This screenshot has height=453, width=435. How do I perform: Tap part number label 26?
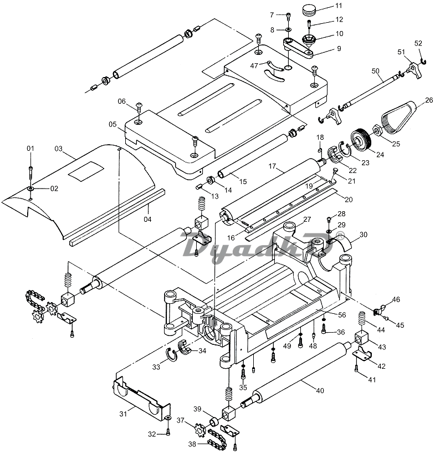click(x=429, y=100)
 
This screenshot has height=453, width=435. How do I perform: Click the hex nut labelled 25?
click(x=378, y=131)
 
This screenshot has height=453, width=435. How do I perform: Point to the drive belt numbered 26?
click(x=400, y=117)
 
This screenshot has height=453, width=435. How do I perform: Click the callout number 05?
click(x=112, y=124)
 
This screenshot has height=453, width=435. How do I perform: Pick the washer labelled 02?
click(x=30, y=189)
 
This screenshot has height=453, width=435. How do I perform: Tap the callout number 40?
click(x=320, y=390)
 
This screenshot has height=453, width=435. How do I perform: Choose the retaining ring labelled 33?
click(x=171, y=355)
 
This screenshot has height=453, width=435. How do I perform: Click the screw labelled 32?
click(x=168, y=431)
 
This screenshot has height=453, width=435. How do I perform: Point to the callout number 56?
click(x=342, y=314)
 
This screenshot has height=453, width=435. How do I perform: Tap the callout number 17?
click(x=272, y=166)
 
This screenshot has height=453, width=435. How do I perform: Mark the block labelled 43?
click(x=361, y=339)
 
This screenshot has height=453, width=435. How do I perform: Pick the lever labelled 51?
click(x=414, y=70)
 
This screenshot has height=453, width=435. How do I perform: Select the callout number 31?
click(x=123, y=414)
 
